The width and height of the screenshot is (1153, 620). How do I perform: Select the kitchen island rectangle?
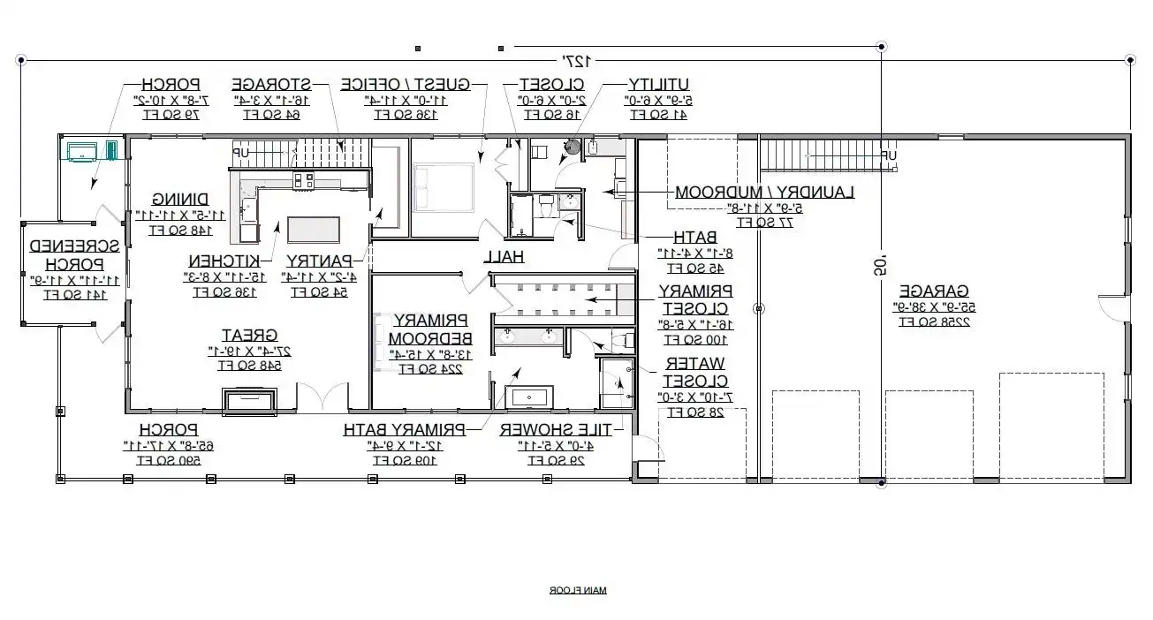pos(313,230)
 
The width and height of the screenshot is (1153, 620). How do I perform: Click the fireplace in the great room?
pos(253,401)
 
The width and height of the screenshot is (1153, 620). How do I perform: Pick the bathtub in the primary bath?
pos(528,397)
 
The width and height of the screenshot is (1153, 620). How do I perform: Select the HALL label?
pos(504,257)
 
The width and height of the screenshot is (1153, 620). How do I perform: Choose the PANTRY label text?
pos(319,261)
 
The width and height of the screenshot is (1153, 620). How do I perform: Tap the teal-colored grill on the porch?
pos(87,150)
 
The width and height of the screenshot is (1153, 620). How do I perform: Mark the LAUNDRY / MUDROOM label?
pos(765,192)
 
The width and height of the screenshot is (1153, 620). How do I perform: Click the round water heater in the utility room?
pos(573,147)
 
